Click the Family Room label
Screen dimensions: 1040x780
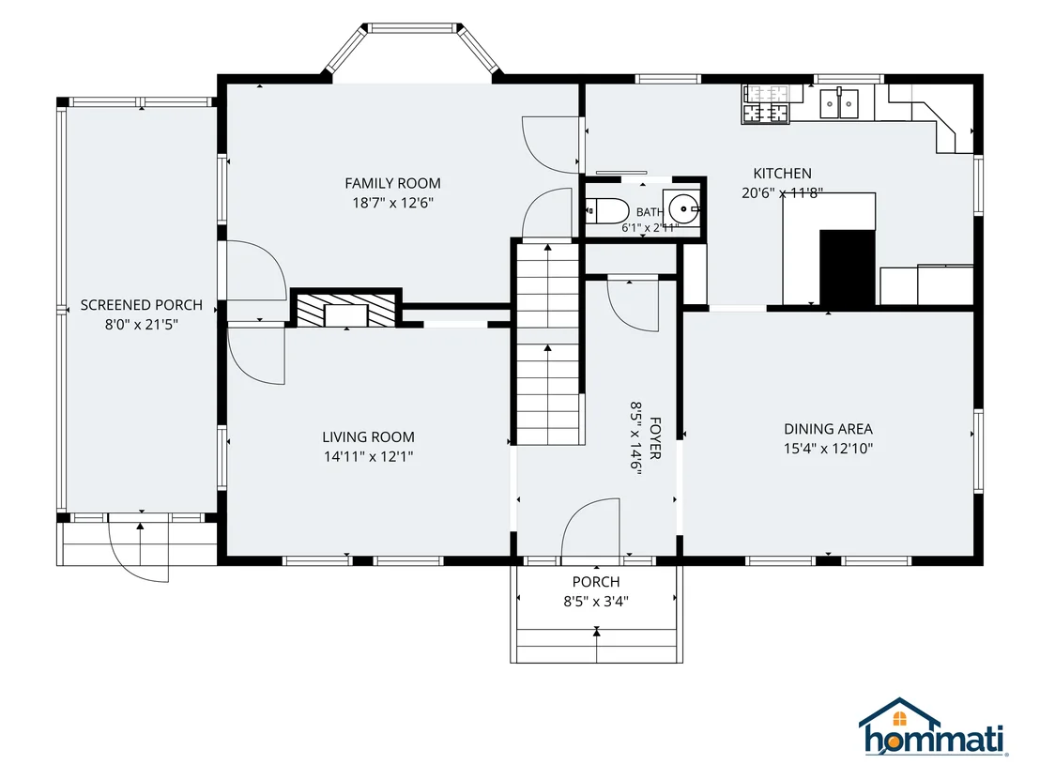[392, 183]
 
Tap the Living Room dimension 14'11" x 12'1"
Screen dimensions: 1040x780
[369, 456]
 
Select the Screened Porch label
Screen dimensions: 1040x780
[142, 305]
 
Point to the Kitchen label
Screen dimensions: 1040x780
[783, 173]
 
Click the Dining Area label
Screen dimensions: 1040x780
[829, 429]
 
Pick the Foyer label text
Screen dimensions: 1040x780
[655, 438]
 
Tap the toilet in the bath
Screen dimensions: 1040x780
[607, 211]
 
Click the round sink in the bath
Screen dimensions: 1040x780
[684, 209]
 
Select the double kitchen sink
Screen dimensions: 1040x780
[839, 103]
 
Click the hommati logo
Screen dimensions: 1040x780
[934, 726]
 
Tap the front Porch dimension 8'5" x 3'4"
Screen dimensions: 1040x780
[596, 602]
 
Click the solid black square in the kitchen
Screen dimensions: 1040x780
[848, 268]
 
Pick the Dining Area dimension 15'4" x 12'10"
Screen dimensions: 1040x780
[829, 449]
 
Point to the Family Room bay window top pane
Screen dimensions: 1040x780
[413, 28]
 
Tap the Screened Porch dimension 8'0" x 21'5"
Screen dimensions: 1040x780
[142, 325]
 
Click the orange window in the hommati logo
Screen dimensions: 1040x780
[899, 719]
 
